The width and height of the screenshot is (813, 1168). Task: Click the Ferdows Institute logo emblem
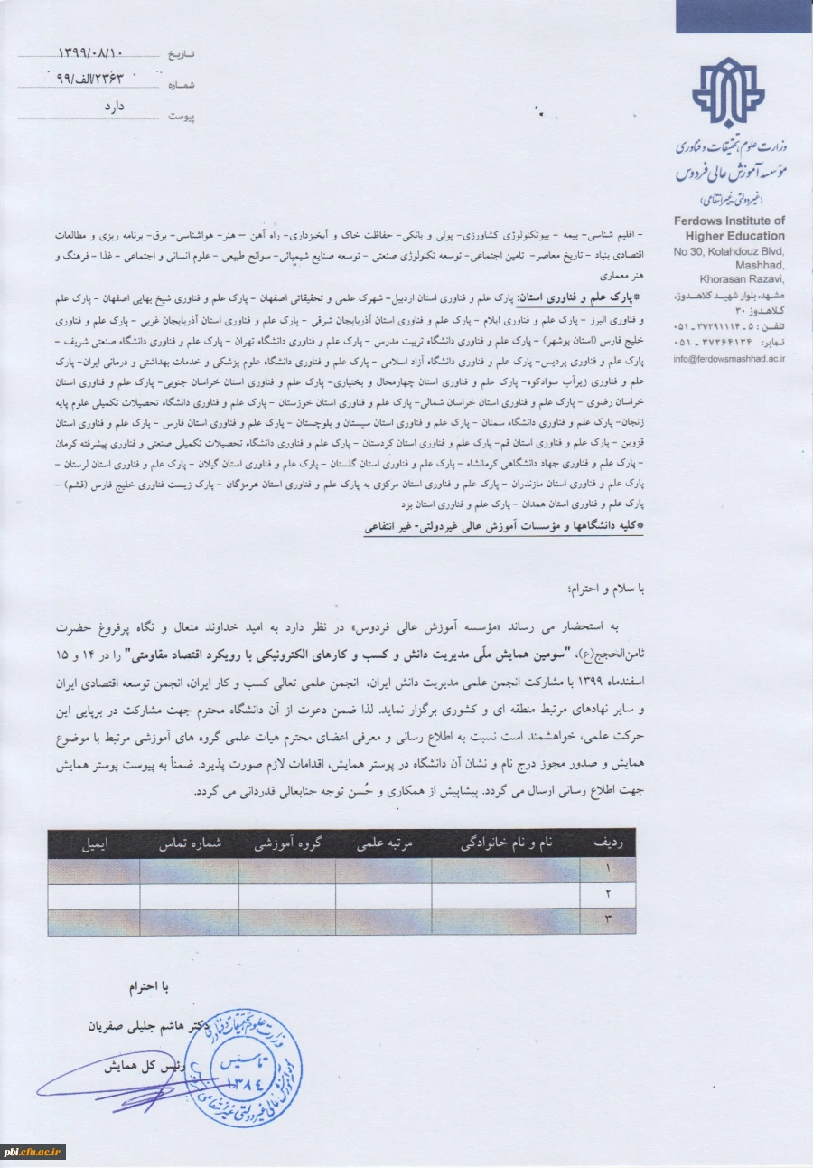coord(728,94)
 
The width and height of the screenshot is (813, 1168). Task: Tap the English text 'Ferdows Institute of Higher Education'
coord(729,229)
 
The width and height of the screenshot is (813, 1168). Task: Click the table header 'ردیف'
coord(613,843)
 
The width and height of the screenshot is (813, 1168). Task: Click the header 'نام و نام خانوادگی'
coord(507,843)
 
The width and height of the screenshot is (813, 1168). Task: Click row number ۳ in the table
coord(608,921)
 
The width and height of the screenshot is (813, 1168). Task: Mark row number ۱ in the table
coord(608,870)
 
